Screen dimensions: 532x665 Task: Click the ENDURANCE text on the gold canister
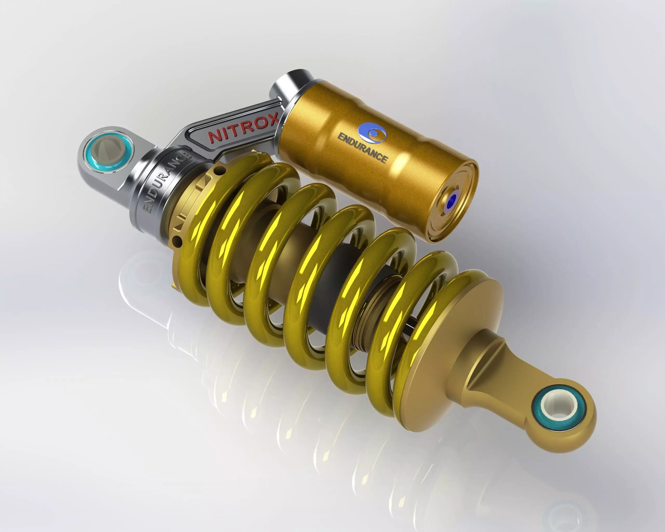click(x=362, y=148)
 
